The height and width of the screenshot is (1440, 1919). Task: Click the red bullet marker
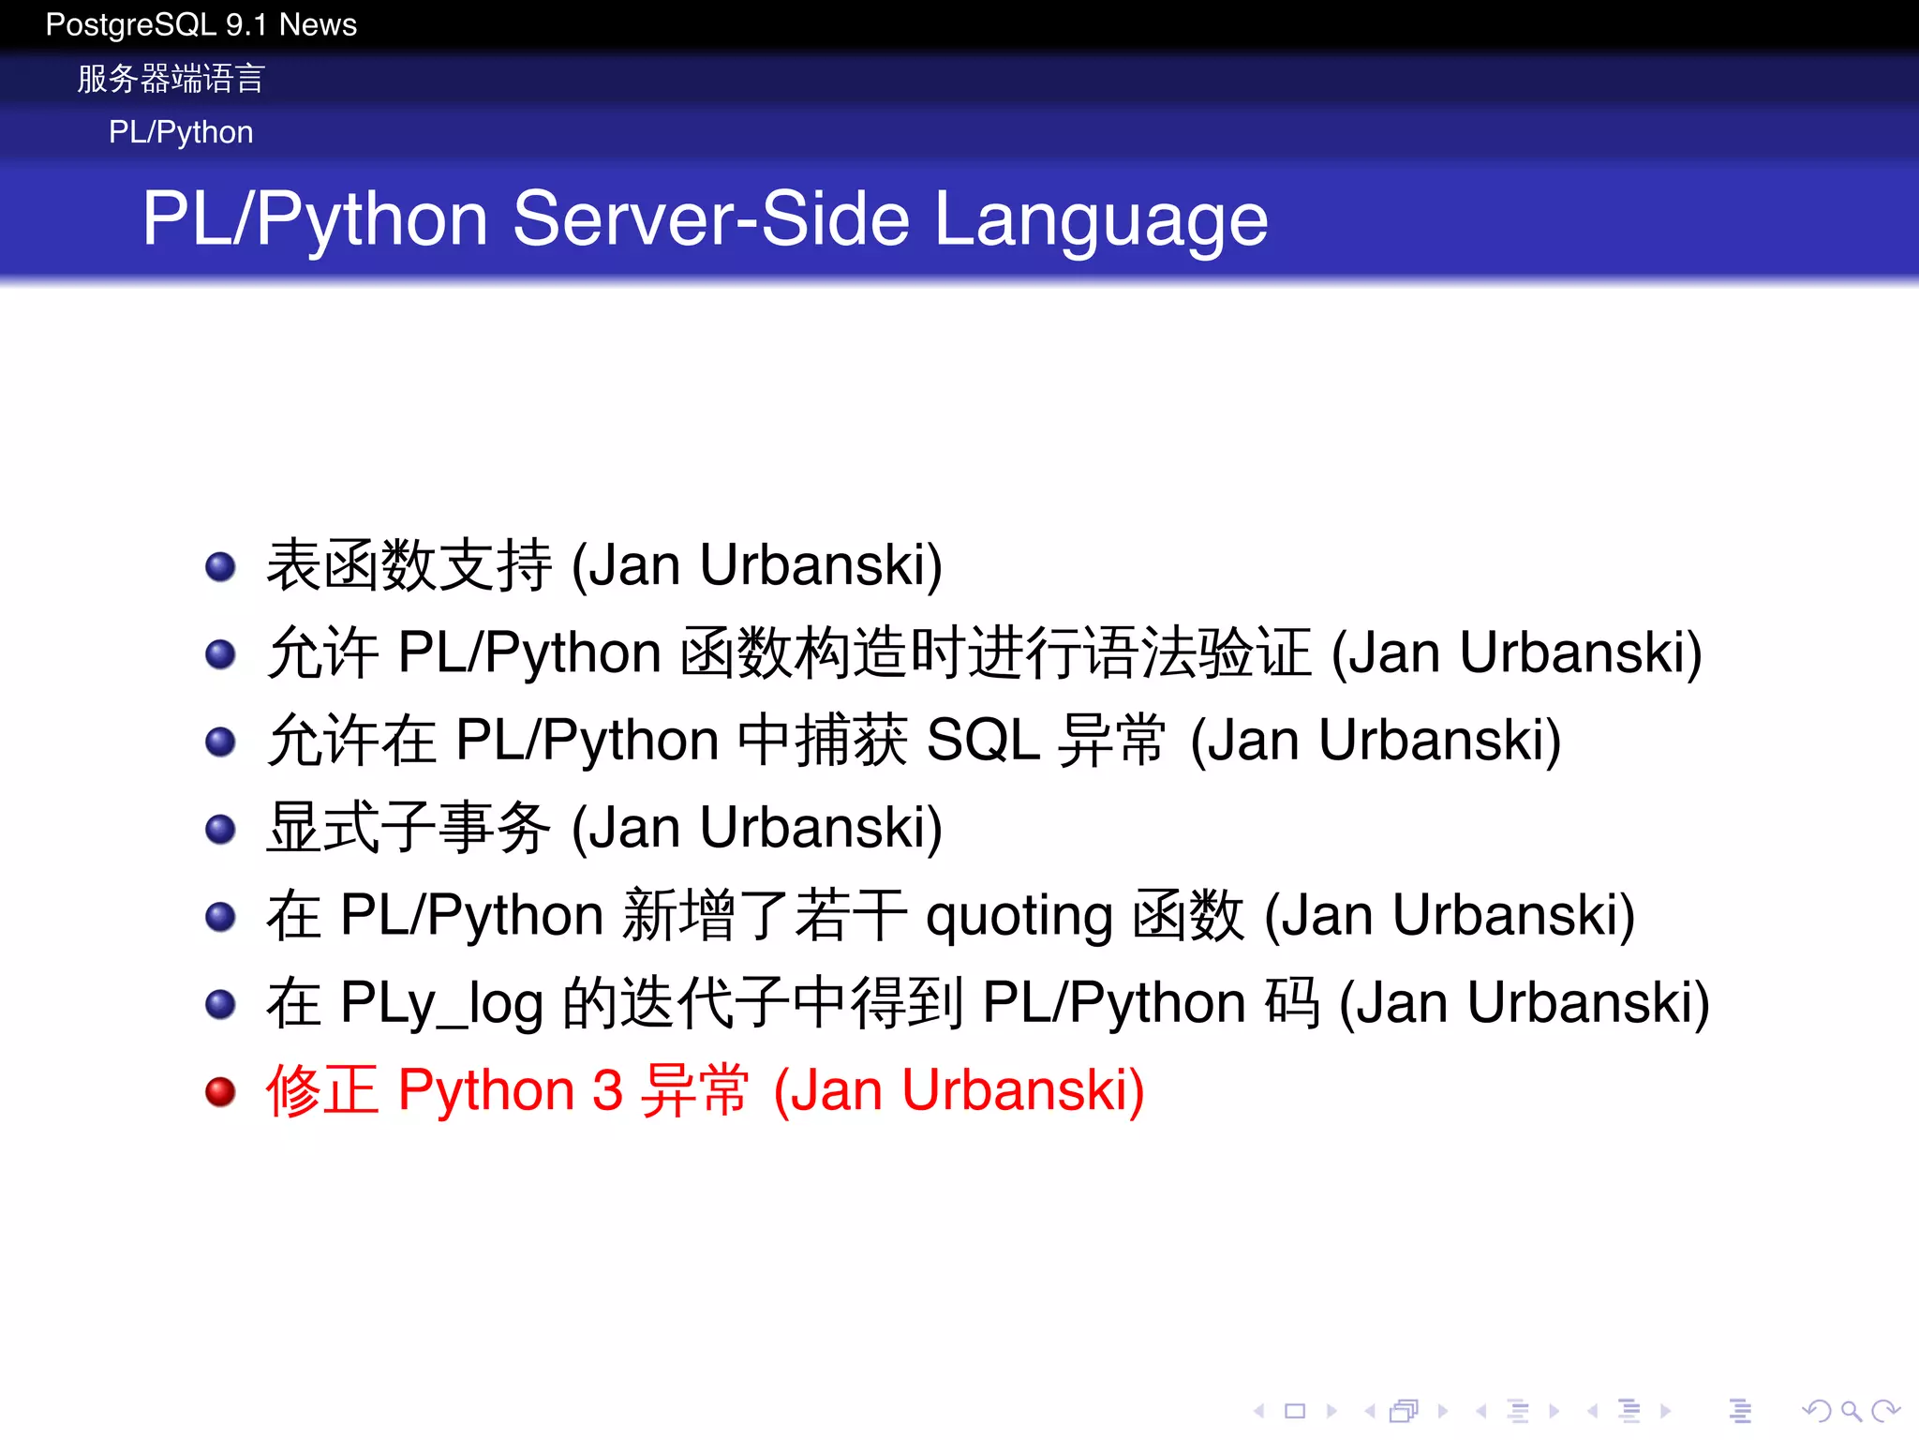point(220,1091)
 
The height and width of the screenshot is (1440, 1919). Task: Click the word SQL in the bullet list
point(982,740)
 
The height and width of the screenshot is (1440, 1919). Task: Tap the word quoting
point(1019,916)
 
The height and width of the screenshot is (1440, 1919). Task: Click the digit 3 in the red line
point(607,1091)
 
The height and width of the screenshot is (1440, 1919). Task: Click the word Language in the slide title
point(1101,220)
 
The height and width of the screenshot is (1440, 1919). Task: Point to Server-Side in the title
point(711,218)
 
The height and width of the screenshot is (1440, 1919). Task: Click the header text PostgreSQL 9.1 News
point(201,24)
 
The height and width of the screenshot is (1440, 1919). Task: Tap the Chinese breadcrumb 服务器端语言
point(171,79)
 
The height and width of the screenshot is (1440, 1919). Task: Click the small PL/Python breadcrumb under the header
point(181,132)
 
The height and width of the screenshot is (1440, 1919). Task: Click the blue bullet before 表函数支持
point(220,566)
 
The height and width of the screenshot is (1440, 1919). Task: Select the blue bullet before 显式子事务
point(220,829)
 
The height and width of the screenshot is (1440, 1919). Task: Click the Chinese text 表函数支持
point(409,565)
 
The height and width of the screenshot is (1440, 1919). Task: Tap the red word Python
point(486,1091)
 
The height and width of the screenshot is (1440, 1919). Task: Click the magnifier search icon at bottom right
point(1850,1410)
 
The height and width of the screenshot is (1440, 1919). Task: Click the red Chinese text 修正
point(322,1091)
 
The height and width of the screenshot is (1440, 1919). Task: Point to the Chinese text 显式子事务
point(409,828)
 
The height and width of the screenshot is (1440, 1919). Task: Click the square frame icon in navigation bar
point(1295,1410)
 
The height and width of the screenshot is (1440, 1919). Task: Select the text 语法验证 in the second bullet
point(1198,652)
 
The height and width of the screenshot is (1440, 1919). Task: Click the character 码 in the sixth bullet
point(1292,1003)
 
